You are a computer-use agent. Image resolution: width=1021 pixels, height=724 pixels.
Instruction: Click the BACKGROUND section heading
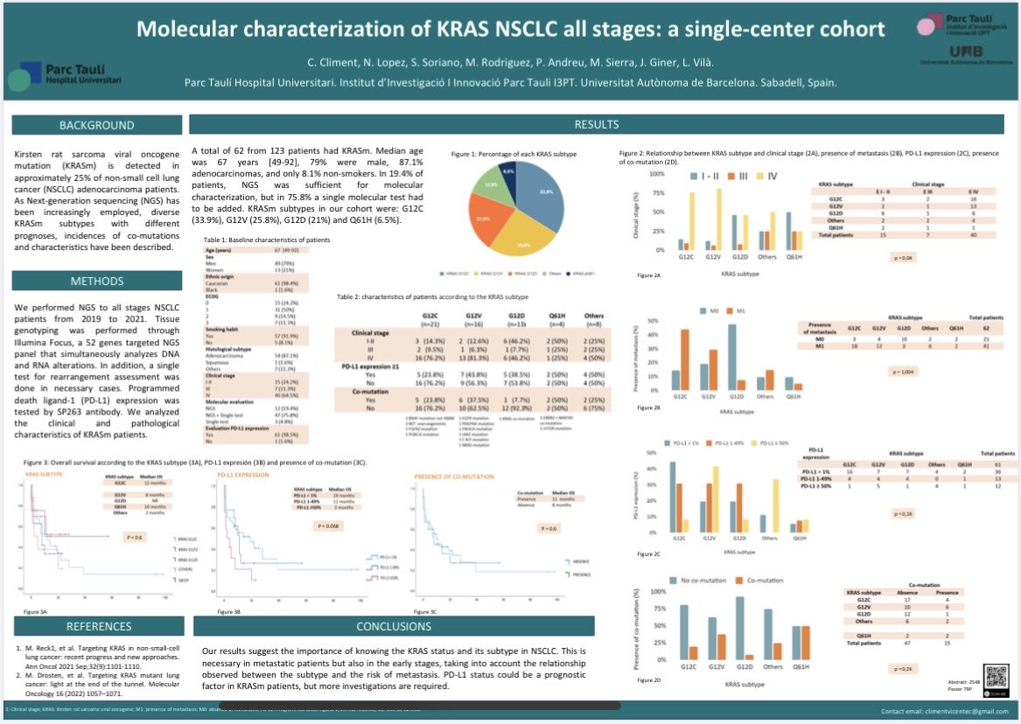95,126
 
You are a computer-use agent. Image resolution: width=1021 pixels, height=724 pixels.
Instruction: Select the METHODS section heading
95,281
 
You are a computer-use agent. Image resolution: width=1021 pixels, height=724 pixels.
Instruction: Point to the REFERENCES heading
99,626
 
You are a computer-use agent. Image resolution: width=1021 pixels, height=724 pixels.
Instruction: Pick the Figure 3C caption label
402,612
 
